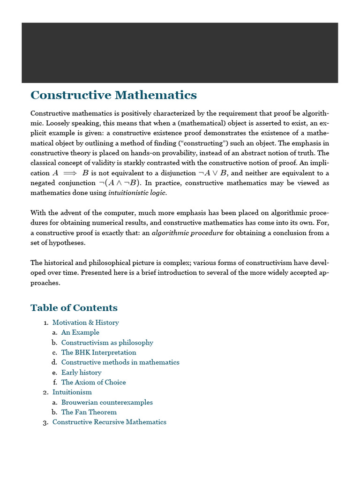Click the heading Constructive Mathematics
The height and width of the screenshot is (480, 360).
click(113, 96)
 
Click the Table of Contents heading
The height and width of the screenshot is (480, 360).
click(74, 307)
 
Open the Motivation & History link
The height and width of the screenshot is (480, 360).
click(85, 322)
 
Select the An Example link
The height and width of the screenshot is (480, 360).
click(80, 332)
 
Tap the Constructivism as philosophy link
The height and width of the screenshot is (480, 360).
click(107, 343)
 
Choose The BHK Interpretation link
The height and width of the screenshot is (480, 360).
click(98, 352)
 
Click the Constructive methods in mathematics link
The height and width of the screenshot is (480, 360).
click(120, 362)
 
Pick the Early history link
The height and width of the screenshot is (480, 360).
click(81, 372)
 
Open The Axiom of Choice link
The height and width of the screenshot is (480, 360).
click(93, 382)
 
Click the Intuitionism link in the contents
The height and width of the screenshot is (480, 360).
click(72, 392)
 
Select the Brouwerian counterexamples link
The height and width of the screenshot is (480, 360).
click(107, 402)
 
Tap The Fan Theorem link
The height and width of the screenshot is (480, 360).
click(89, 412)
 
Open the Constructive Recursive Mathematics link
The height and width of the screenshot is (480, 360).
click(109, 422)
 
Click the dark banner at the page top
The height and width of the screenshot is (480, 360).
click(180, 52)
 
